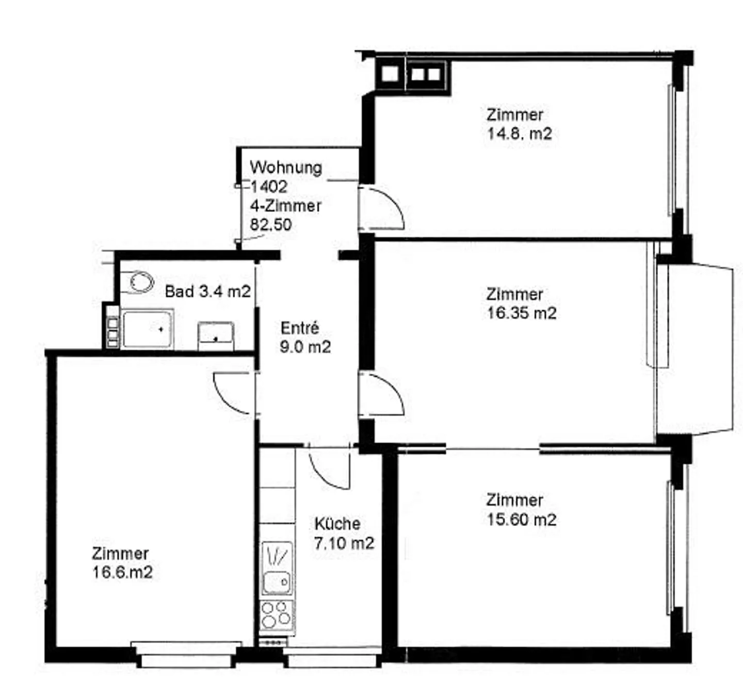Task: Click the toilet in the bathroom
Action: click(141, 282)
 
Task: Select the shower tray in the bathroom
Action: click(147, 328)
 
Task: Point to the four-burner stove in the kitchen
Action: click(276, 614)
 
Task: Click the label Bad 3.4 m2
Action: click(207, 292)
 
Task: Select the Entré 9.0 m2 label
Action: click(305, 338)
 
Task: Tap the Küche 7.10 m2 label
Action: click(344, 533)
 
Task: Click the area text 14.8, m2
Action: click(519, 134)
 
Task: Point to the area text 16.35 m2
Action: click(522, 313)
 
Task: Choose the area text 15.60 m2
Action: click(522, 520)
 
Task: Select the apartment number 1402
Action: click(268, 187)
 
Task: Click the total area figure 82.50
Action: click(271, 225)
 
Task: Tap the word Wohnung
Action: click(286, 168)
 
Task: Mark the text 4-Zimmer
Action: click(285, 206)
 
